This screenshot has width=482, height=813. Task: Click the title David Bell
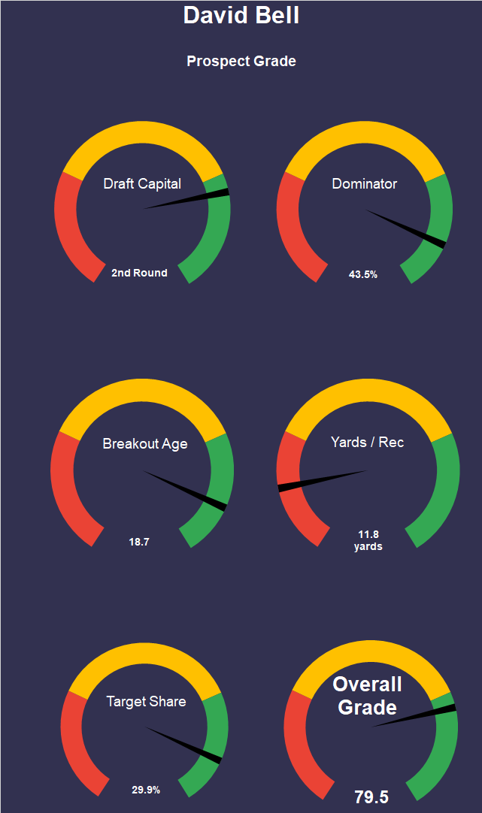point(241,15)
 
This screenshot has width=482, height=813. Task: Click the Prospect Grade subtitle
point(241,61)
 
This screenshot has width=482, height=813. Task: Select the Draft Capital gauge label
point(142,183)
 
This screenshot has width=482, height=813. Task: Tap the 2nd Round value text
point(139,273)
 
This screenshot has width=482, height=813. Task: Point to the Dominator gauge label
point(365,183)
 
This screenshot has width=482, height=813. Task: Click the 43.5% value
point(363,274)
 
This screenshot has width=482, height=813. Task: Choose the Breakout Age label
point(145,443)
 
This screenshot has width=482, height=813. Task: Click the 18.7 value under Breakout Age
point(139,541)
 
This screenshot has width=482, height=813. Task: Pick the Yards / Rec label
point(367,442)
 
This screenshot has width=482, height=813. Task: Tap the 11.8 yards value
point(368,540)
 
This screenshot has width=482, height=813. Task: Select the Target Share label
point(146,701)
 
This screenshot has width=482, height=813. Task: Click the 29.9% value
point(146,790)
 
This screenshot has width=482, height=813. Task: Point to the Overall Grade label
point(367,696)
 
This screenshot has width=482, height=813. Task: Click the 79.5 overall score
point(371,797)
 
